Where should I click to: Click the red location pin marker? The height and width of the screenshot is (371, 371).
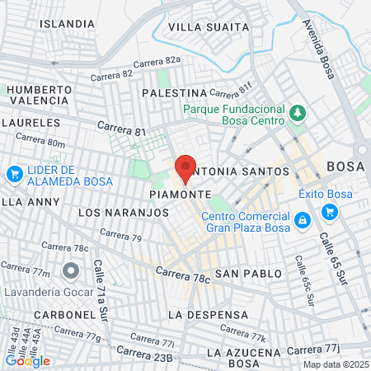(x=185, y=168)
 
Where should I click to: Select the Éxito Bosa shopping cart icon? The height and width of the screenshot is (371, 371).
(x=330, y=212)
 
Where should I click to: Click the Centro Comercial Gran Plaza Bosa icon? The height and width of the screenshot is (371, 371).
(x=303, y=220)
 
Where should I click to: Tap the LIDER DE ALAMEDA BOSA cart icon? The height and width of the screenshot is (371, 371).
(x=14, y=174)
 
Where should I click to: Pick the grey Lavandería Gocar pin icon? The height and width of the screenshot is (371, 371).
(x=71, y=270)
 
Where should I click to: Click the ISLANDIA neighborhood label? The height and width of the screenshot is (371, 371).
(x=67, y=23)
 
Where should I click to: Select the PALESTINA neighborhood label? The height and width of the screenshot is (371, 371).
(x=174, y=93)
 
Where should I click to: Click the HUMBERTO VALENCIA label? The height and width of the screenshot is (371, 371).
(x=41, y=96)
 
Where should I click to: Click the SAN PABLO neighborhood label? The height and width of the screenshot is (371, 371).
(x=242, y=272)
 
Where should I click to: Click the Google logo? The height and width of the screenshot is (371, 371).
(x=27, y=360)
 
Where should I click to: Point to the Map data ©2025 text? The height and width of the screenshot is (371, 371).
(x=334, y=364)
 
